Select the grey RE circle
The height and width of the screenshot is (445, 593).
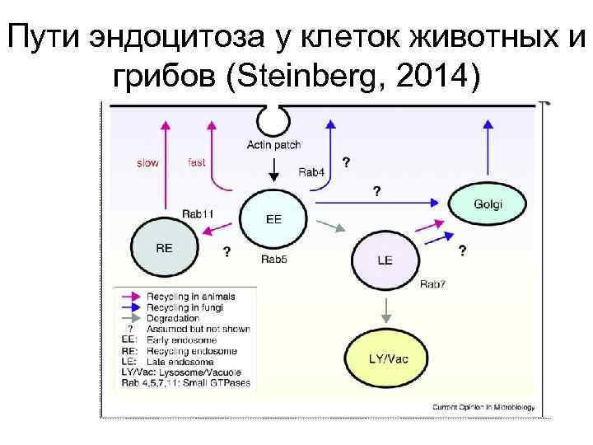click(x=165, y=245)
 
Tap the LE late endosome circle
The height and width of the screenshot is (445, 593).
click(x=385, y=257)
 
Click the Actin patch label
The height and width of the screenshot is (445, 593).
click(x=273, y=146)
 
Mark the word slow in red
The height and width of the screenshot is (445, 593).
click(x=147, y=163)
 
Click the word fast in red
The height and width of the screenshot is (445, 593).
click(x=196, y=162)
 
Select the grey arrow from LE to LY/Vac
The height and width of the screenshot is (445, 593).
click(x=385, y=309)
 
